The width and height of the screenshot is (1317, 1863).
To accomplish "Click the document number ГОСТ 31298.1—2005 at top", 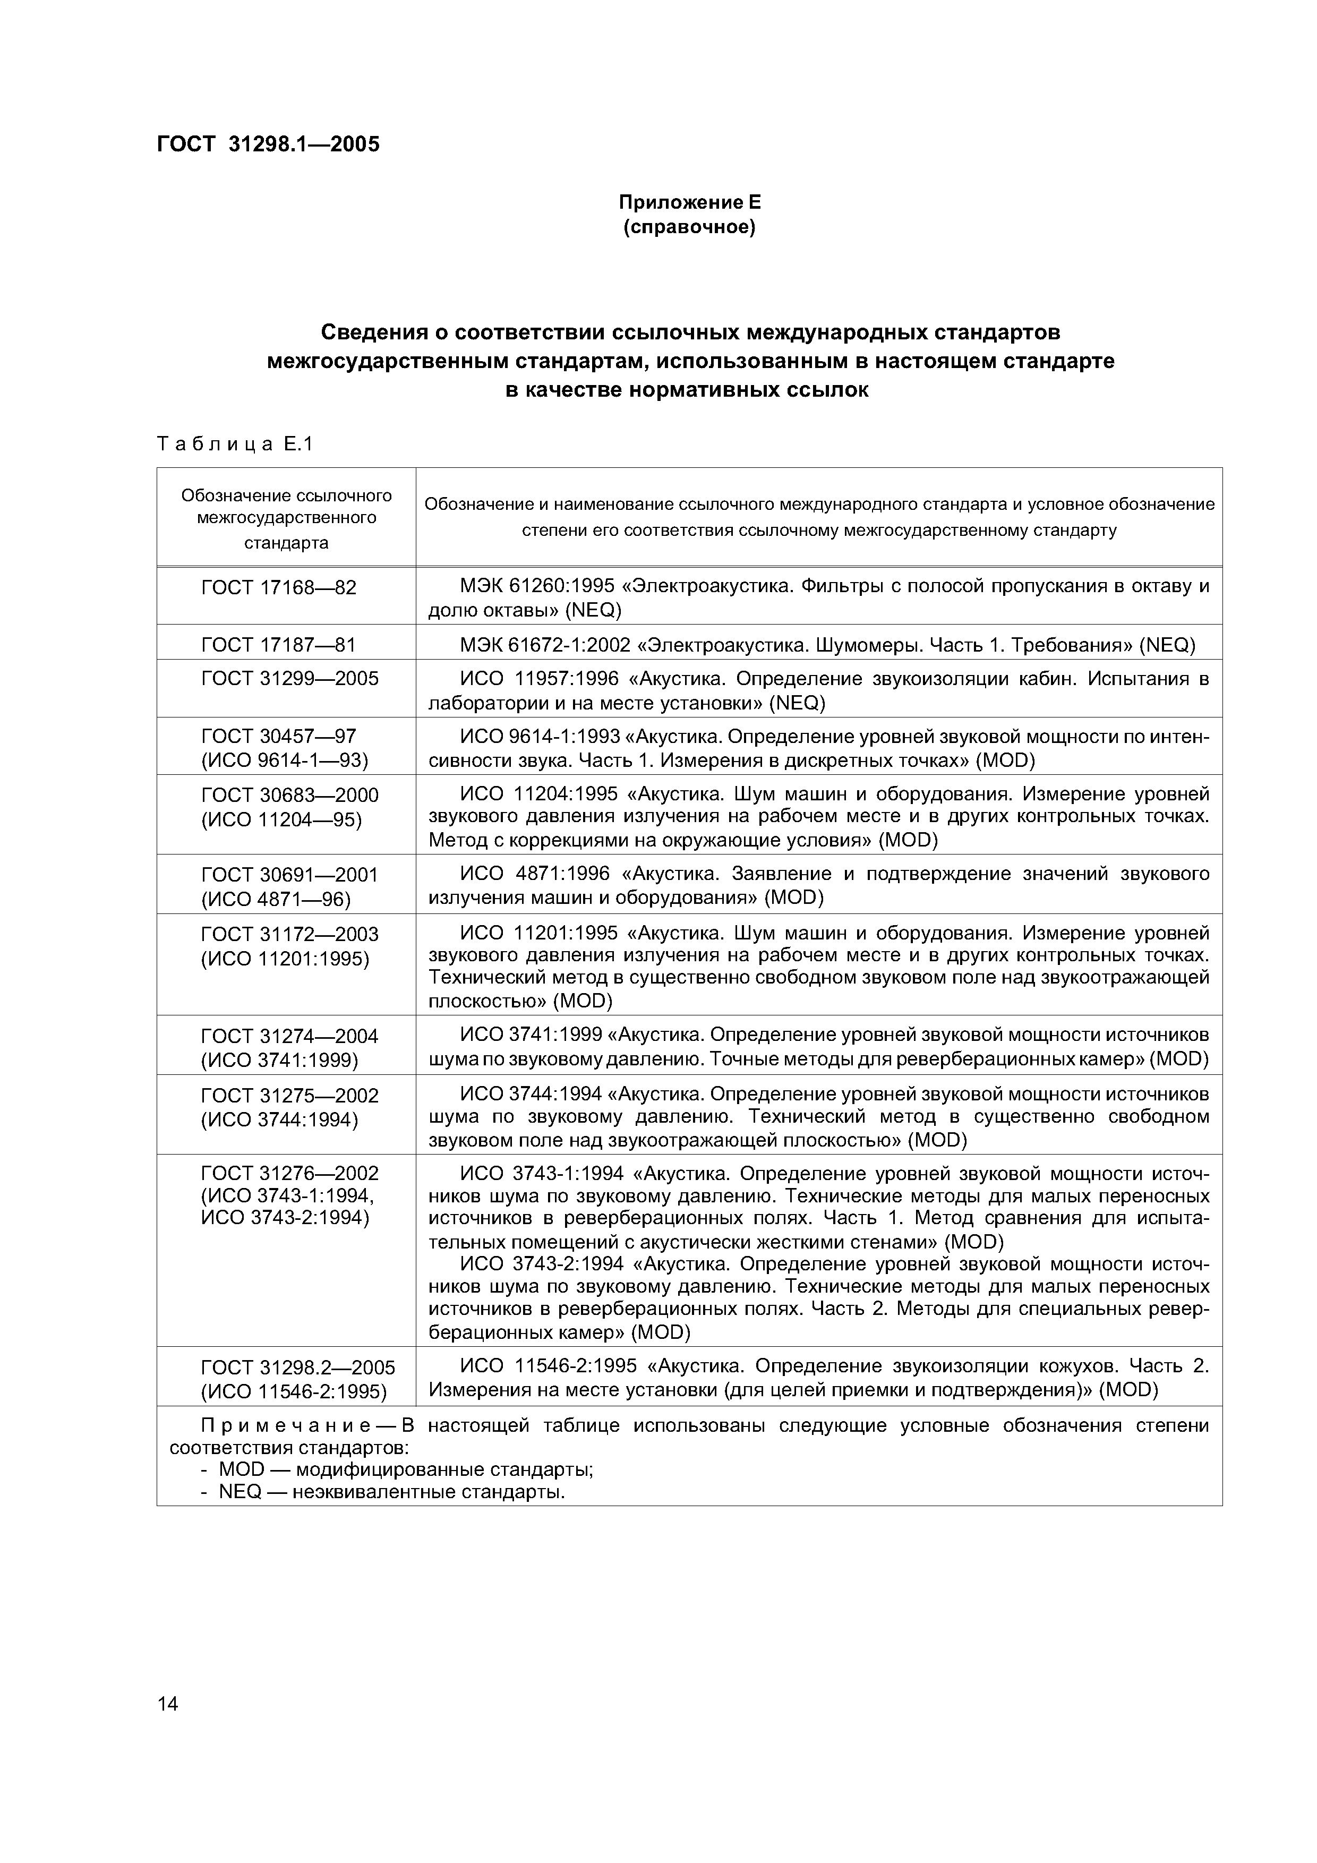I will [x=268, y=144].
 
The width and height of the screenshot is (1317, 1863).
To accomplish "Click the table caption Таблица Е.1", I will [x=235, y=444].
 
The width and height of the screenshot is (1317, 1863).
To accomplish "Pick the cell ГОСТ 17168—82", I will [x=278, y=587].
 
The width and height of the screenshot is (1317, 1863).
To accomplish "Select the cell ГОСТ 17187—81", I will [x=278, y=645].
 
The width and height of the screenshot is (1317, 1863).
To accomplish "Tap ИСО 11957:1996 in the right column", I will [x=539, y=678].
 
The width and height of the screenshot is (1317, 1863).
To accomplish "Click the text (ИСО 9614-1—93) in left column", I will [x=285, y=760].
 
